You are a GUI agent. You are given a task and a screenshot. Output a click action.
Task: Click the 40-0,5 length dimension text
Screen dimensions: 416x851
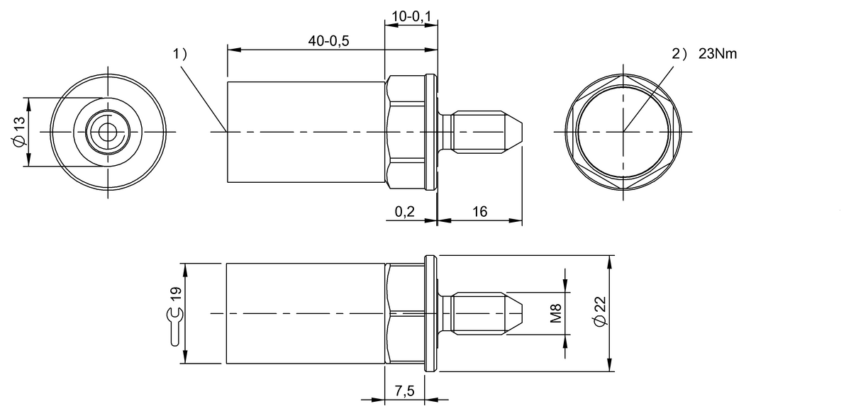(x=328, y=41)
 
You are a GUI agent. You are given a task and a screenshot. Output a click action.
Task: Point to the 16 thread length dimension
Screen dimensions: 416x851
(x=479, y=212)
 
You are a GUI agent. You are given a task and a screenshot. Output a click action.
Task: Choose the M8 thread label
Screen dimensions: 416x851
(x=555, y=312)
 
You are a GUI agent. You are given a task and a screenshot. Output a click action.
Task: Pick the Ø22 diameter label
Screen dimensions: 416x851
(x=600, y=313)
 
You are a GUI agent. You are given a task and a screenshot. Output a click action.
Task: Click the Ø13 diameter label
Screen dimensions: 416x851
(x=19, y=132)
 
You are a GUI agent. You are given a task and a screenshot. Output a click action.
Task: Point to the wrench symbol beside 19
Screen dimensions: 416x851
(x=175, y=327)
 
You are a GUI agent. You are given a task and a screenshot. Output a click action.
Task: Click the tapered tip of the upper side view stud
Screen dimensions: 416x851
(x=516, y=132)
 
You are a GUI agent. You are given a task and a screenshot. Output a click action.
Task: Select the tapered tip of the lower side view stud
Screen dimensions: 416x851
(x=516, y=313)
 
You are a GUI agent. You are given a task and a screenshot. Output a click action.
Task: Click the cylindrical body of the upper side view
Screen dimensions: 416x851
(x=305, y=132)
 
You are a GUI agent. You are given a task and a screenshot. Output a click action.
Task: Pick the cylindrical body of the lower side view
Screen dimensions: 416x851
(x=305, y=313)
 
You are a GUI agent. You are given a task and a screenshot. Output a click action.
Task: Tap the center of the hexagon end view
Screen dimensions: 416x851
(x=624, y=132)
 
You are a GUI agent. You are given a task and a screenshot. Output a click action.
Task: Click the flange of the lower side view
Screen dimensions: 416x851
(x=430, y=313)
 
